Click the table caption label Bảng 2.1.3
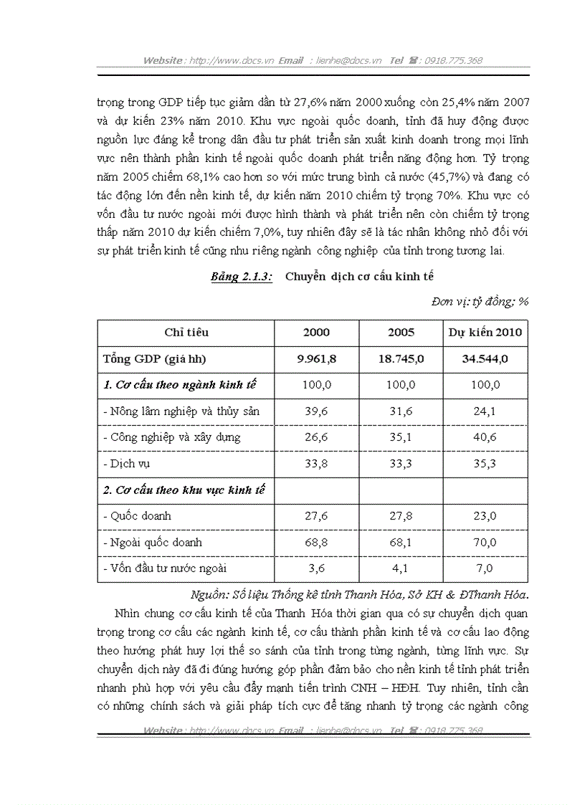242,277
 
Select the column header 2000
316,333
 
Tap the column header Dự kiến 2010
485,333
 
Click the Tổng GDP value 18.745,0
401,359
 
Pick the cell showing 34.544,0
485,359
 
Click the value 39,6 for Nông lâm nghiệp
316,411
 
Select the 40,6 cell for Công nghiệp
485,437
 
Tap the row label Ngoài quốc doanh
153,543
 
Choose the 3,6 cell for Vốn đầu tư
316,568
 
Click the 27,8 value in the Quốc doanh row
401,516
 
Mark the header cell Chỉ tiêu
186,333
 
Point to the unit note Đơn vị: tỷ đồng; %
480,302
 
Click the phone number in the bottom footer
454,730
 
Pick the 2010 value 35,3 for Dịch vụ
485,464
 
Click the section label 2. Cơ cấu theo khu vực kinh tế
185,490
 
